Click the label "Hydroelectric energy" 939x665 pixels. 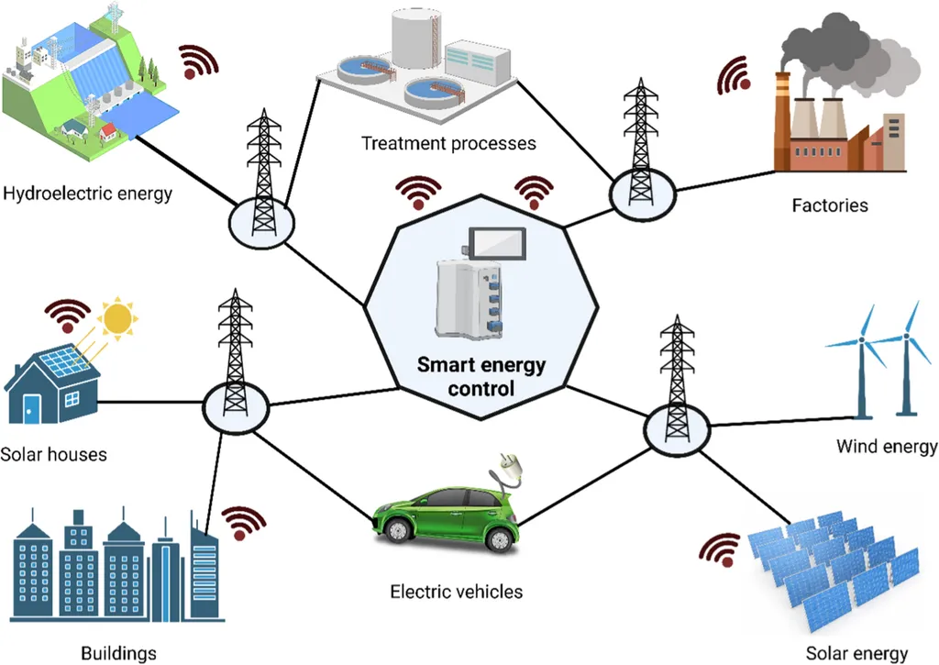(x=88, y=194)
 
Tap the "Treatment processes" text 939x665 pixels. (x=448, y=143)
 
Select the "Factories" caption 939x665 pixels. (x=830, y=205)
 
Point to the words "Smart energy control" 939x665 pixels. (x=481, y=376)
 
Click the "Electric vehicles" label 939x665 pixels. (x=456, y=592)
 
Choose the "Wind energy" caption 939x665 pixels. (x=887, y=447)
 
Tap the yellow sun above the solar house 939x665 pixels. (x=117, y=318)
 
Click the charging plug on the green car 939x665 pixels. (x=508, y=464)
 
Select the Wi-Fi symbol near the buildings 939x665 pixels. (x=242, y=523)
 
